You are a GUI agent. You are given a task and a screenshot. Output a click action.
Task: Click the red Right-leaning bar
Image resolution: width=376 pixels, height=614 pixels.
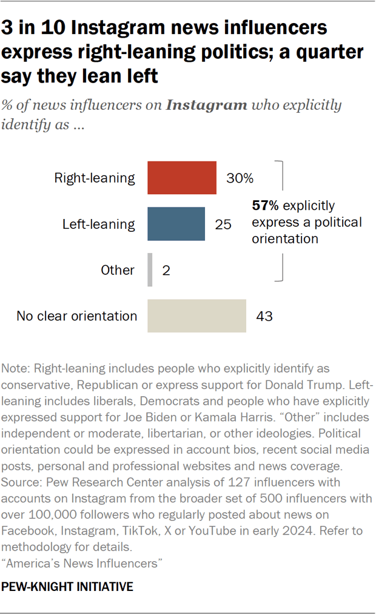click(x=182, y=178)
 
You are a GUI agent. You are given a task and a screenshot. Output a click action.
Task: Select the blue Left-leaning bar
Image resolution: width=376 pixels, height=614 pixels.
click(x=176, y=224)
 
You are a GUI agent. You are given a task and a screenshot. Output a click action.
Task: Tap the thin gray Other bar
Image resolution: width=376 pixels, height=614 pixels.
click(x=150, y=270)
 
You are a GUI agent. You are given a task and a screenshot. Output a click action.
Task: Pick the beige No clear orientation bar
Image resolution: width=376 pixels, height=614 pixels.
click(x=196, y=315)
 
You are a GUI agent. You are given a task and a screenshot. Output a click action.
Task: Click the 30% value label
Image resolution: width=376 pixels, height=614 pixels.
click(x=239, y=178)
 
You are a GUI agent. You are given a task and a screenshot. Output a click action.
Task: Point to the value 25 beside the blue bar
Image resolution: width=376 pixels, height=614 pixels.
click(x=223, y=224)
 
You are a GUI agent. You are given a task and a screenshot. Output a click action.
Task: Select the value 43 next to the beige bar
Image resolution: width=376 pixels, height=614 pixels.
click(x=264, y=315)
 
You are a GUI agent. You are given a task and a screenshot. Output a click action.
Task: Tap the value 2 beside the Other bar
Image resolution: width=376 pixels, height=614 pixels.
click(x=166, y=270)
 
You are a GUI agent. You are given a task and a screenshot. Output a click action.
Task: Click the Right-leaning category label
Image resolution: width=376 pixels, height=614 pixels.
click(x=95, y=178)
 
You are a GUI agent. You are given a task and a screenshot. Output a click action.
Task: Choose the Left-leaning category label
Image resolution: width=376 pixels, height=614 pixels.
click(x=99, y=224)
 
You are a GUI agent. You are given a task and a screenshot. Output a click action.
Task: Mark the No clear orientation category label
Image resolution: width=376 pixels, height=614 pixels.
click(x=77, y=315)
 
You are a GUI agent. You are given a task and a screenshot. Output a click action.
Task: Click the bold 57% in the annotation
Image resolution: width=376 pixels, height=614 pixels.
click(x=265, y=206)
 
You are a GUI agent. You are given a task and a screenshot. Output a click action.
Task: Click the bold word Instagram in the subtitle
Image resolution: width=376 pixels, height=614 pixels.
click(x=207, y=105)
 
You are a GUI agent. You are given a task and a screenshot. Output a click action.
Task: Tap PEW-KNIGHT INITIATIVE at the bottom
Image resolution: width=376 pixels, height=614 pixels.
click(x=68, y=587)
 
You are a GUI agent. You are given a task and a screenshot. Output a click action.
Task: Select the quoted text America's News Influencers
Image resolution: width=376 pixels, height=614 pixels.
click(x=84, y=564)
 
